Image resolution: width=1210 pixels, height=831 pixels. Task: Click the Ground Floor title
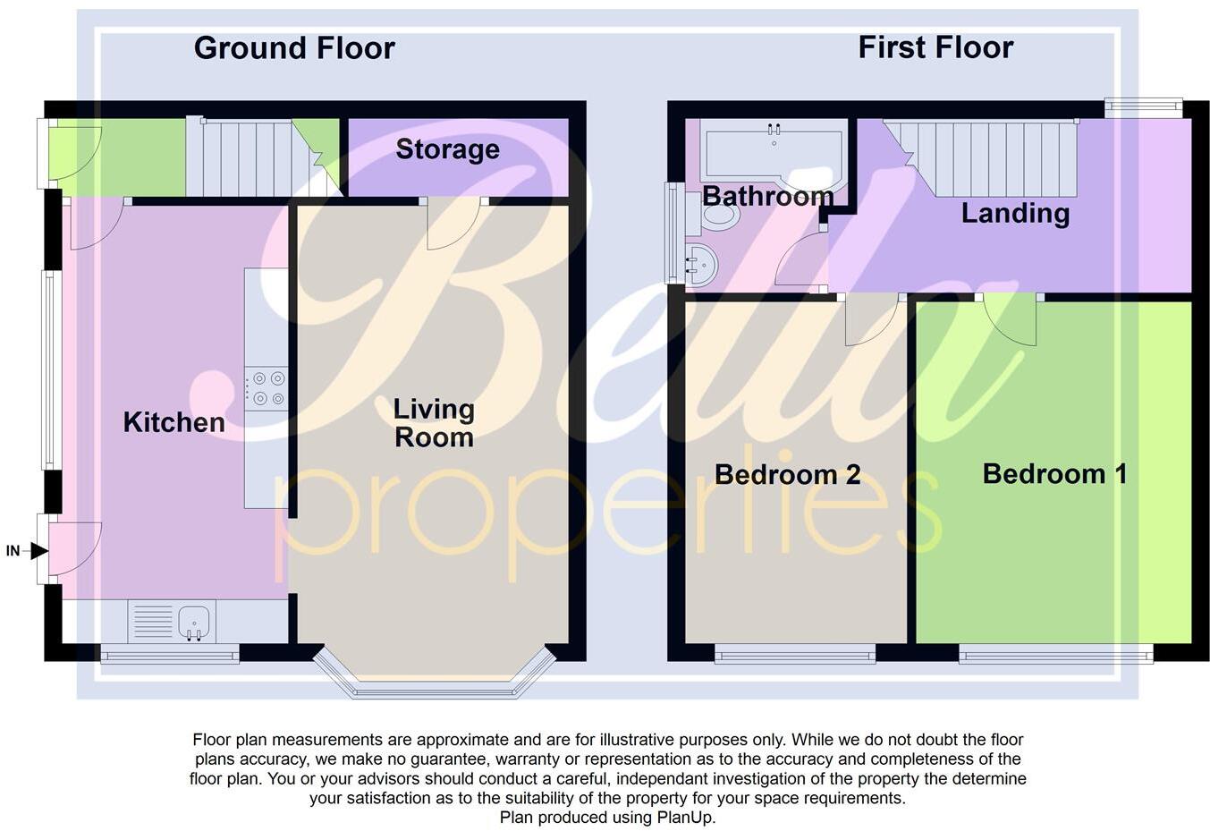[294, 48]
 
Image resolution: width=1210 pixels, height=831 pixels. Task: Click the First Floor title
[935, 47]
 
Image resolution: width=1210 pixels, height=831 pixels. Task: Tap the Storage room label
[447, 149]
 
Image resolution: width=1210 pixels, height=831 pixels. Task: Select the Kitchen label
[173, 422]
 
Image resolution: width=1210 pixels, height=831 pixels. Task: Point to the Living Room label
[434, 423]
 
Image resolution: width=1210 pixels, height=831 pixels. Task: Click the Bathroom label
[767, 196]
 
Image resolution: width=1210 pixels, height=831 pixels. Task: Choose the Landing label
[1015, 213]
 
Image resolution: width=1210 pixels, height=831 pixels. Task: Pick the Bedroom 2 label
[787, 474]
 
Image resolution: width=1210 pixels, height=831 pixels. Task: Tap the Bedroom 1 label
[1054, 474]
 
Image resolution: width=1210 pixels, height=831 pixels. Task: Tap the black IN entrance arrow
[38, 551]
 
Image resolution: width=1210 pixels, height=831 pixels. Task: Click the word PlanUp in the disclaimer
[685, 817]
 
